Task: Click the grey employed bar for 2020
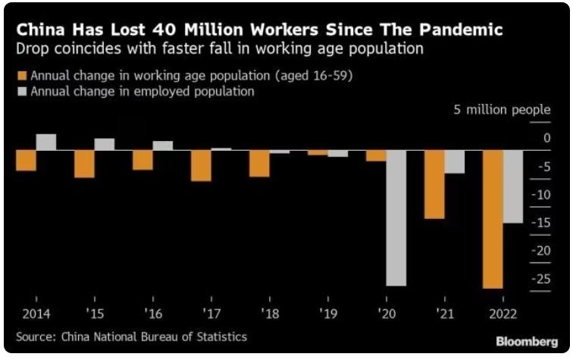396,218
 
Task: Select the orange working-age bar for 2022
493,219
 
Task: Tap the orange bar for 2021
434,184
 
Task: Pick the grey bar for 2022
513,186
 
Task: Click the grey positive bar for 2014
46,142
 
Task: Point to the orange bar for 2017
201,165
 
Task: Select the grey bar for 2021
454,161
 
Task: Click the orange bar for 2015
84,164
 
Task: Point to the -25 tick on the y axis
541,279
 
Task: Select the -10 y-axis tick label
541,195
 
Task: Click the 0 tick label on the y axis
546,139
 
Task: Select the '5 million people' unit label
502,110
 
